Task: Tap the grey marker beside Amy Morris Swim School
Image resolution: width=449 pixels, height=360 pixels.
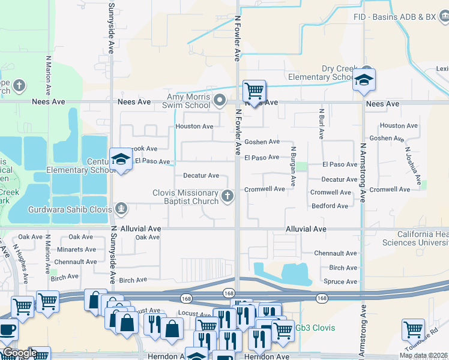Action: click(x=220, y=100)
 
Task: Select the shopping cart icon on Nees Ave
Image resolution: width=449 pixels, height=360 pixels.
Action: click(x=255, y=92)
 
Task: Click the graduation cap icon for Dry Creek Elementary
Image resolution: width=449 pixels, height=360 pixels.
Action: click(x=364, y=79)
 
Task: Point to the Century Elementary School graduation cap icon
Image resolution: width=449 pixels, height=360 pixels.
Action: click(x=121, y=160)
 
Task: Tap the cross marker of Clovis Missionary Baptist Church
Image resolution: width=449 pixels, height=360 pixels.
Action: click(x=228, y=196)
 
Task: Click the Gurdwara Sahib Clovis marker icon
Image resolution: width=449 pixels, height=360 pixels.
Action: click(x=121, y=208)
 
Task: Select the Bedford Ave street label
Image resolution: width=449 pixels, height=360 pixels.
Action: click(x=330, y=206)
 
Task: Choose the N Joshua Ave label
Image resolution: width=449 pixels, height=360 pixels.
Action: click(x=415, y=166)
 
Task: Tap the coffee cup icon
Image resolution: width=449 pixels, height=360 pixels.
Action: click(x=8, y=331)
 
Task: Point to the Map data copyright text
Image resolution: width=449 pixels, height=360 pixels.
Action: click(x=423, y=355)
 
